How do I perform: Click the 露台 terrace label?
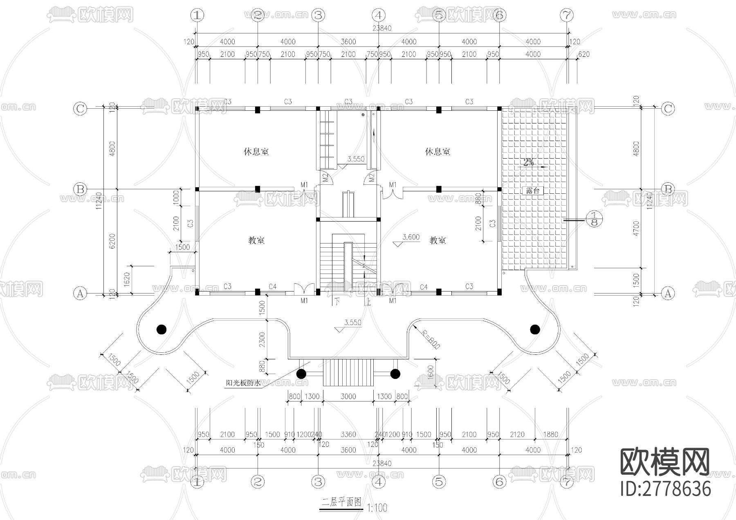point(533,191)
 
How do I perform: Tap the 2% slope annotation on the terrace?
point(528,162)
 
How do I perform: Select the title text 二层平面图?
point(341,502)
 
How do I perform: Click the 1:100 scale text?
point(377,508)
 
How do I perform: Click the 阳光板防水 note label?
point(243,383)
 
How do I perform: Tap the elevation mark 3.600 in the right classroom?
point(411,237)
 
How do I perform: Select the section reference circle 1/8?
point(595,219)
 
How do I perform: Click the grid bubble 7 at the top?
point(566,16)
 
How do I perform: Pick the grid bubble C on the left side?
point(80,108)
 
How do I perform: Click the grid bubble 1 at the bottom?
point(197,482)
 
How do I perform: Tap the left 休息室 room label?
point(256,152)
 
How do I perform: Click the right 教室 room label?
point(438,240)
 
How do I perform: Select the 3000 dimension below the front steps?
point(348,396)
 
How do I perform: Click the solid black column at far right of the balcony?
point(534,329)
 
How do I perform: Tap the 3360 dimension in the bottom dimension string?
point(348,435)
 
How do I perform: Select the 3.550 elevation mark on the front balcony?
point(352,323)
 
